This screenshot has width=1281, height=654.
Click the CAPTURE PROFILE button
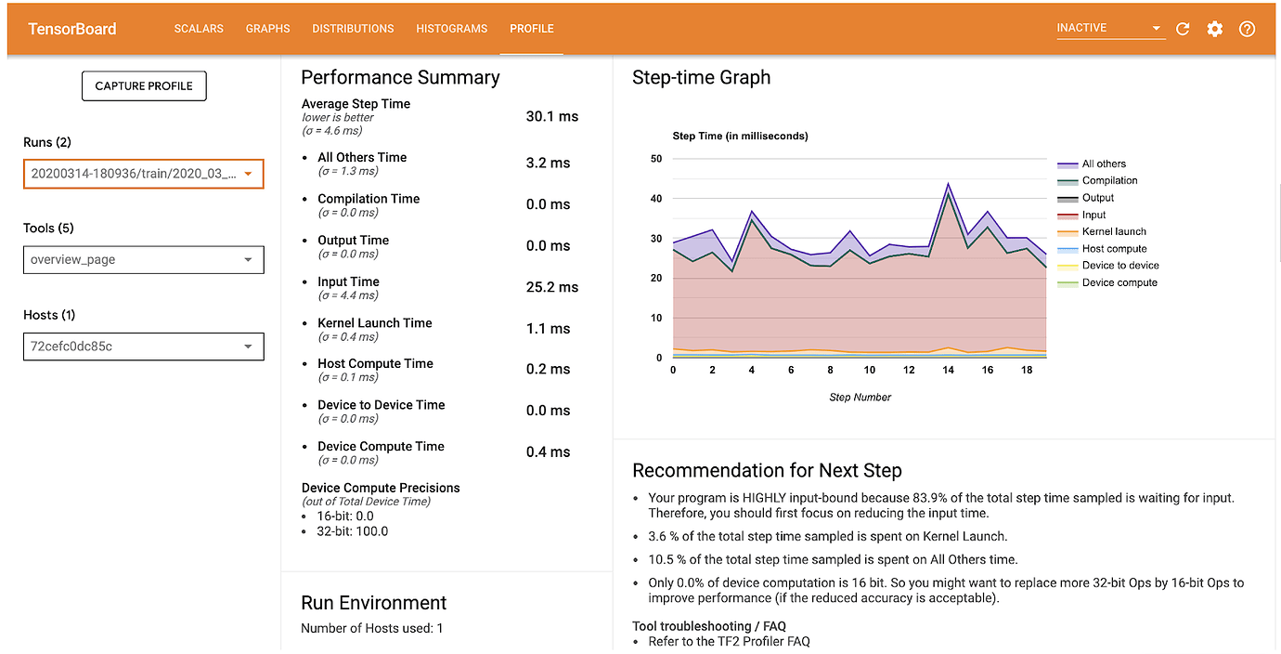(x=144, y=85)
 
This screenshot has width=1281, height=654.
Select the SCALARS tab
(x=199, y=29)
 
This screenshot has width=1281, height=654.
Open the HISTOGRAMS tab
(x=451, y=29)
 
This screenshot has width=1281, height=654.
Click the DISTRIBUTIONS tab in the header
(x=353, y=29)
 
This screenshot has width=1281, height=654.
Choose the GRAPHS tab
(x=267, y=29)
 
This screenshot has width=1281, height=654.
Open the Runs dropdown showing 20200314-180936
(x=144, y=174)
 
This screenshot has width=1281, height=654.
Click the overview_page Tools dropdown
(x=144, y=260)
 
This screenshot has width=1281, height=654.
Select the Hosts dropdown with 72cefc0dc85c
(x=144, y=347)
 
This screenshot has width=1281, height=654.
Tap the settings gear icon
(x=1214, y=29)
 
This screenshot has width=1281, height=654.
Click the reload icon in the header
(x=1183, y=29)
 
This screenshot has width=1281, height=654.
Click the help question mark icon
(x=1247, y=29)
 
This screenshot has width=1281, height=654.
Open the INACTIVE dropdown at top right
(x=1109, y=28)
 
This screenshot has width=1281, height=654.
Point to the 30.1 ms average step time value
(x=551, y=117)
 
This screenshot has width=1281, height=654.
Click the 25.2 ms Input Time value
(x=551, y=287)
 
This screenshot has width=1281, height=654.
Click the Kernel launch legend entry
(x=1113, y=231)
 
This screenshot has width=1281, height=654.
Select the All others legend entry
(x=1103, y=163)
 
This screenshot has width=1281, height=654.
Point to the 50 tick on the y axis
(x=655, y=159)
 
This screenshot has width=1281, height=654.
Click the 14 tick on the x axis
(x=948, y=370)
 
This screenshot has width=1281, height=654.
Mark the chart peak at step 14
(x=948, y=183)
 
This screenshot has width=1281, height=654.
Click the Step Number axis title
(x=860, y=398)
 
